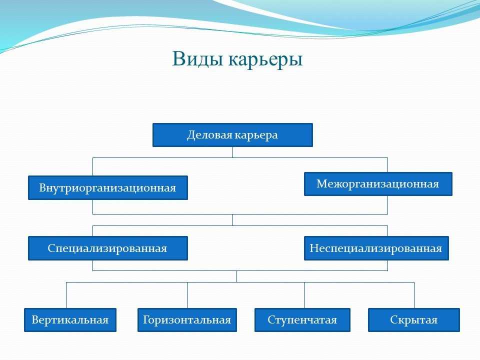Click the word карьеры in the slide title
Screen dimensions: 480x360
coord(265,60)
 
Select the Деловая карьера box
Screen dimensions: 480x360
coord(232,135)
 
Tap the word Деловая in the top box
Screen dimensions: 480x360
coord(209,135)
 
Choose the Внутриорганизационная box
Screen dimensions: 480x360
coord(108,187)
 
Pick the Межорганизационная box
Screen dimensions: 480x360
coord(378,184)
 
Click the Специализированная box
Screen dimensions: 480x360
coord(108,248)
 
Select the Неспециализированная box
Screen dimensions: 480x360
coord(376,248)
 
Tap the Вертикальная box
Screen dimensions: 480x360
coord(70,320)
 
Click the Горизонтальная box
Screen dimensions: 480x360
coord(187,320)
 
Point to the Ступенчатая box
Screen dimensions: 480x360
coord(302,320)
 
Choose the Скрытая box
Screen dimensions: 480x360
coord(414,320)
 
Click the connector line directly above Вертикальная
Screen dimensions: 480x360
coord(66,295)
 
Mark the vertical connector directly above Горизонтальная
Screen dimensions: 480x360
coord(187,295)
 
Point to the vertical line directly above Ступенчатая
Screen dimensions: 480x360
coord(304,295)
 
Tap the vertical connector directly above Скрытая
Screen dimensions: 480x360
coord(414,295)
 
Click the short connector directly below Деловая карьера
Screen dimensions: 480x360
coord(232,152)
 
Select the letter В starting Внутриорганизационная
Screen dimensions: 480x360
coord(42,187)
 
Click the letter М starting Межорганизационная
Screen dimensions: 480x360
coord(321,183)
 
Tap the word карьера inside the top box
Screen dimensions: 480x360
coord(255,135)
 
